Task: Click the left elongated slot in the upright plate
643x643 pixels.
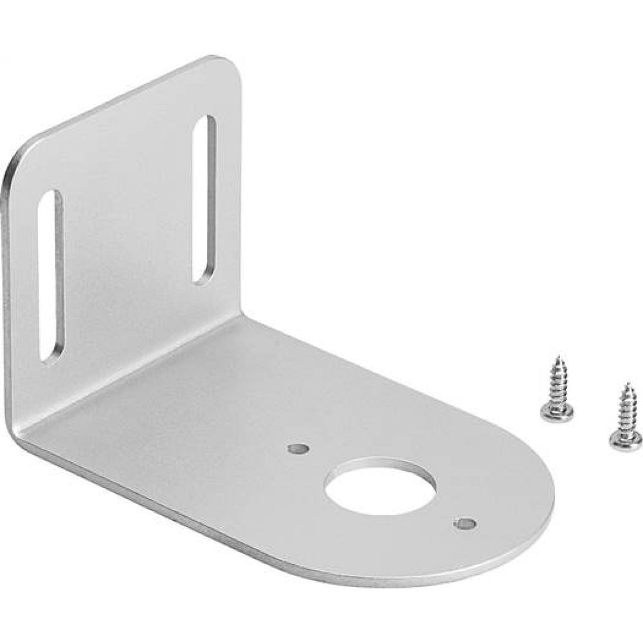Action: pos(51,275)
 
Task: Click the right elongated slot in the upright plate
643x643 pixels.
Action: pos(204,199)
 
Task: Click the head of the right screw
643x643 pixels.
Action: pos(624,440)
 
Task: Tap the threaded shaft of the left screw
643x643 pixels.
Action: pos(557,383)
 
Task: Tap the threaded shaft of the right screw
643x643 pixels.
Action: pos(624,412)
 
